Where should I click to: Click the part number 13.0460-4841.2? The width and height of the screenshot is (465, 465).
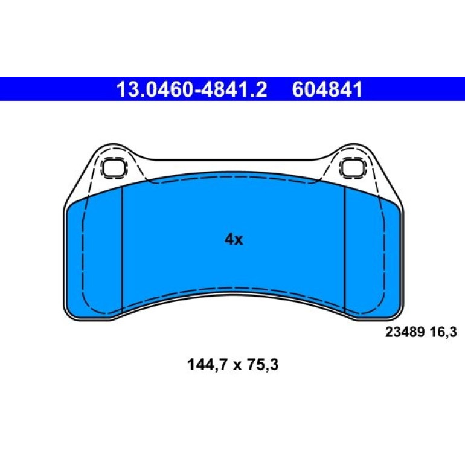click(x=191, y=89)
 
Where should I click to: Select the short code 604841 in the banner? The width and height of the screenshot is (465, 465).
click(x=327, y=89)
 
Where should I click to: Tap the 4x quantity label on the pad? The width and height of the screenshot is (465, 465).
click(x=234, y=239)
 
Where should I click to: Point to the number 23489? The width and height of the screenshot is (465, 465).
click(x=405, y=332)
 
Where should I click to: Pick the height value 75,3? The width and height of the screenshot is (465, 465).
click(x=263, y=365)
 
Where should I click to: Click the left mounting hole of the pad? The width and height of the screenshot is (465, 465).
click(x=114, y=168)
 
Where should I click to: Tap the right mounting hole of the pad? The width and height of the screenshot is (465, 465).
click(x=353, y=168)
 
